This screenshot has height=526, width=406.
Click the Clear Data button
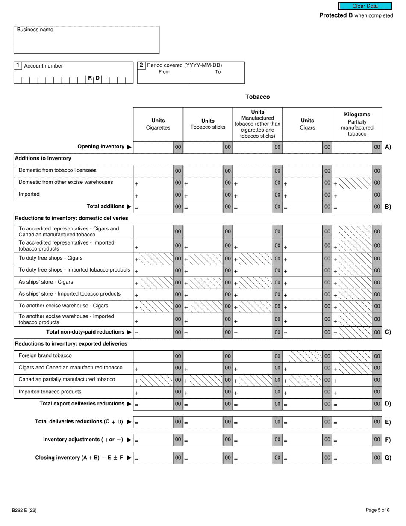[x=365, y=6]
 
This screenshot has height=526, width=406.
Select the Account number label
[x=43, y=66]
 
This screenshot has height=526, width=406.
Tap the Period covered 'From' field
[x=164, y=78]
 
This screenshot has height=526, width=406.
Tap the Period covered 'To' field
[x=218, y=78]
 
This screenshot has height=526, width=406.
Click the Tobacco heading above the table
[x=257, y=97]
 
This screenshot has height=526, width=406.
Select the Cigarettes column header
[x=158, y=124]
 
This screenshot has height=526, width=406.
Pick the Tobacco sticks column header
[x=208, y=124]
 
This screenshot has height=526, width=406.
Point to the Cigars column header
[x=307, y=124]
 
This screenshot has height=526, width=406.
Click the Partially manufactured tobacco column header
[x=357, y=124]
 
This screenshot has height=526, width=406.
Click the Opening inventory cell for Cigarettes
[x=153, y=147]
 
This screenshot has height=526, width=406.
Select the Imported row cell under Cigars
[x=303, y=195]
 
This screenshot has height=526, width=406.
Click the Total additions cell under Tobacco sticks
[x=203, y=207]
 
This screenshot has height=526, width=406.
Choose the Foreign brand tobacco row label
[x=45, y=355]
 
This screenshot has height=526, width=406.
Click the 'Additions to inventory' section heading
[x=43, y=158]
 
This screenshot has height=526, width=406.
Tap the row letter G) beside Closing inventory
[x=388, y=458]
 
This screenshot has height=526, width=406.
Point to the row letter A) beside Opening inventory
[x=388, y=147]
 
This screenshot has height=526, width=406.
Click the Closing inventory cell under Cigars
[x=303, y=458]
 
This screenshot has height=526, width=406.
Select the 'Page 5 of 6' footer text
[x=377, y=510]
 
